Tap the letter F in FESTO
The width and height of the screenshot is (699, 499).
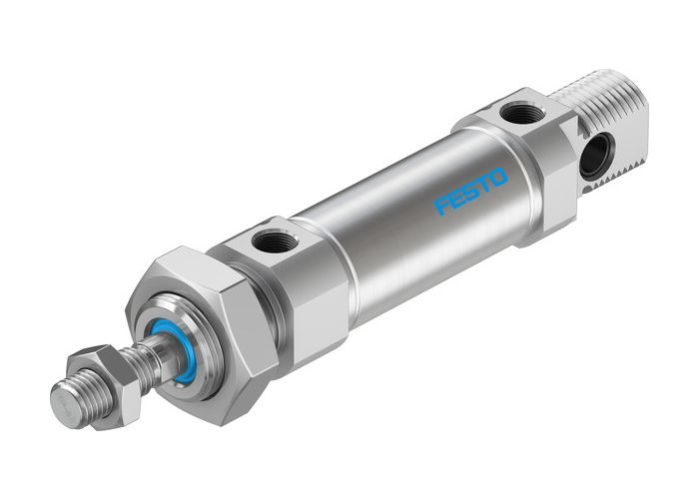point(441,206)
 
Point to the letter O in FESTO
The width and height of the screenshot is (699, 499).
point(498,177)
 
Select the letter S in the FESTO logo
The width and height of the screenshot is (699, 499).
point(470,191)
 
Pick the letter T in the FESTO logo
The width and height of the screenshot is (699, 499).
point(484,184)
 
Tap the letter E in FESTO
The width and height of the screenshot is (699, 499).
point(455,199)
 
